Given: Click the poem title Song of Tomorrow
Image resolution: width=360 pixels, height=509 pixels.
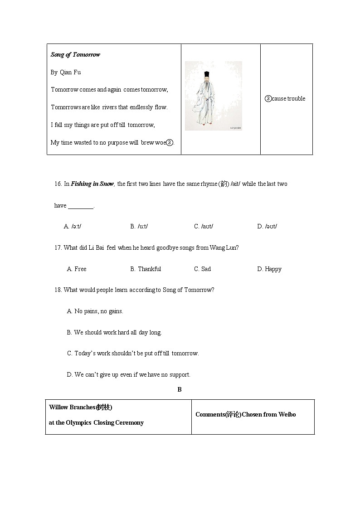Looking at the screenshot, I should point(75,55).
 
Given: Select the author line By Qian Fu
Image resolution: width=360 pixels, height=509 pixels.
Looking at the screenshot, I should point(66,72).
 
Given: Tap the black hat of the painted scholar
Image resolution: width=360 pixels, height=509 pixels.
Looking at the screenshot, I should point(207,74).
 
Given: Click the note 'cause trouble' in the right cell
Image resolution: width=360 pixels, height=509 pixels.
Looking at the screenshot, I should point(288,99).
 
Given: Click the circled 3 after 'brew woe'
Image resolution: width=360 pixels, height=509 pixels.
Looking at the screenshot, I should point(169,142).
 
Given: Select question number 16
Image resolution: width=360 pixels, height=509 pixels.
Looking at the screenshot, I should point(58,184).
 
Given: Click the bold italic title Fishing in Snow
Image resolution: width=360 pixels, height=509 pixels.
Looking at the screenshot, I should point(92,184).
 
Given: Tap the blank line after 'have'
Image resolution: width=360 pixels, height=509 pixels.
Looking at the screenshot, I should point(80,206).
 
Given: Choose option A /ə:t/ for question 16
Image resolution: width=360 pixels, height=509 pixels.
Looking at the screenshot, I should point(73,227).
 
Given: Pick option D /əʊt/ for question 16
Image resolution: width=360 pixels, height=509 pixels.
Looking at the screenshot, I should point(267,227).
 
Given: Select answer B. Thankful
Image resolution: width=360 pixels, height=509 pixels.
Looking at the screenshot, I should point(146,269).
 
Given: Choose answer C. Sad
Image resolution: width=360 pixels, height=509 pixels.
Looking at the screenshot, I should point(202,269).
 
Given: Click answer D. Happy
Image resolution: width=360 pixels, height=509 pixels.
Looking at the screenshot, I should point(269,269).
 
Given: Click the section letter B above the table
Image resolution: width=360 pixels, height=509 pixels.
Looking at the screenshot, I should point(180,390).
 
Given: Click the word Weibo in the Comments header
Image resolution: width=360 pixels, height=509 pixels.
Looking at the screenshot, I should point(287,415).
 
